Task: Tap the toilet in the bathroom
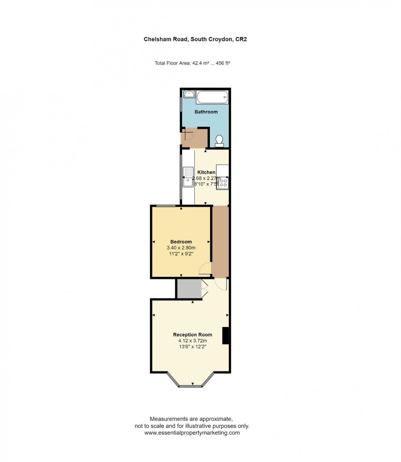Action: (219, 141)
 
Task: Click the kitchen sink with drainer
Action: (188, 176)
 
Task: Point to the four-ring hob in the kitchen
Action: (223, 182)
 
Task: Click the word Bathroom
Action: (206, 112)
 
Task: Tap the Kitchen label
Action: (206, 172)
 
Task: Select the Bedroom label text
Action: (181, 242)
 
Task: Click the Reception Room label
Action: (192, 335)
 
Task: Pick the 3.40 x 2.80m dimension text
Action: (181, 248)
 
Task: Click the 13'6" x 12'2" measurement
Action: (192, 347)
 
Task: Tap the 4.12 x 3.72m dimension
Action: (192, 341)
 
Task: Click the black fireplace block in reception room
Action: (225, 336)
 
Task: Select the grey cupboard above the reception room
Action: (189, 289)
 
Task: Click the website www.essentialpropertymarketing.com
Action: (192, 433)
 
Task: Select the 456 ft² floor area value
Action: (224, 63)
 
